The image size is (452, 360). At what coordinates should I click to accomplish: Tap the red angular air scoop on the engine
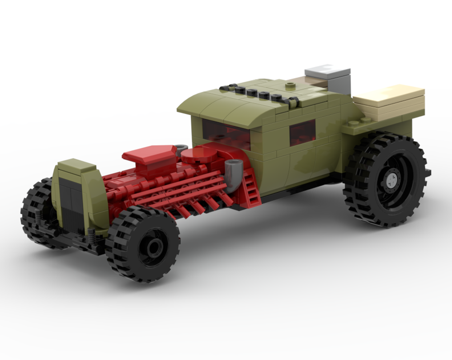coord(149,156)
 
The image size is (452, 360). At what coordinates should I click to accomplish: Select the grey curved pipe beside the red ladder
coord(233,174)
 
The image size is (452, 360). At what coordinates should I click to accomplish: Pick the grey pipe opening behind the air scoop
coord(181,148)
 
